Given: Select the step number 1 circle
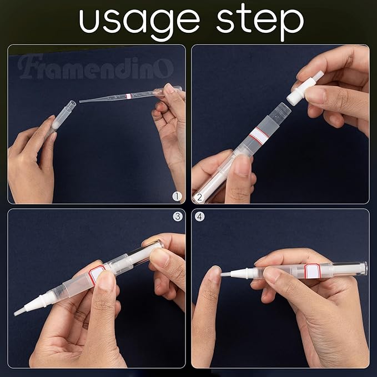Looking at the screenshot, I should tap(177, 195).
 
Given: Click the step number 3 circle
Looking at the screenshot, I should tap(177, 217).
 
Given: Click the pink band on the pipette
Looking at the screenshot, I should tap(129, 96).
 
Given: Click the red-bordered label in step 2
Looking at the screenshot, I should tap(258, 137).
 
